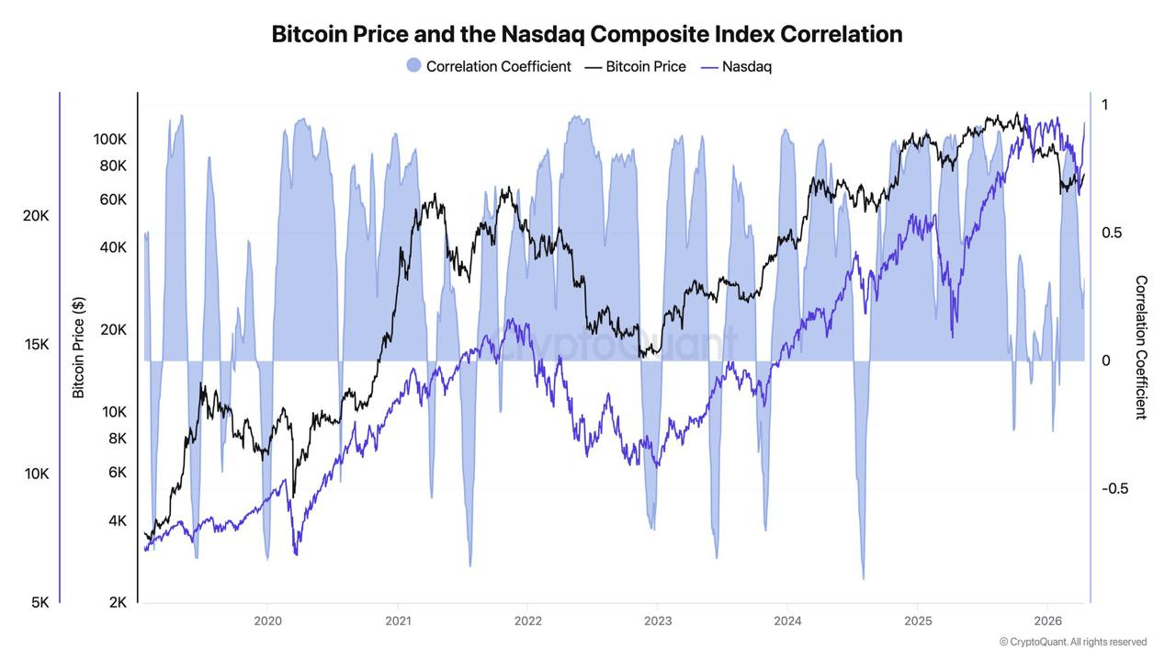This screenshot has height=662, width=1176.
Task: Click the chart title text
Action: tap(587, 34)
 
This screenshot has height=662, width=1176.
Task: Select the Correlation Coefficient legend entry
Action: tap(498, 66)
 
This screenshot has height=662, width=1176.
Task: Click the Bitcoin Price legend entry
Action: tap(645, 66)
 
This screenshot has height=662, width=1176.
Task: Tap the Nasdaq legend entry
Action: tap(746, 66)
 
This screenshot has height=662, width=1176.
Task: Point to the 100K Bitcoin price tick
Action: tap(110, 139)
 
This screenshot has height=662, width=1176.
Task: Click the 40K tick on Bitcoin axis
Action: tap(114, 246)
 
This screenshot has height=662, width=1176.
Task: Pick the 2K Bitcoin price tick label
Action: tap(118, 602)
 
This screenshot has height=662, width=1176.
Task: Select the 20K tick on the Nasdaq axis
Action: tap(36, 215)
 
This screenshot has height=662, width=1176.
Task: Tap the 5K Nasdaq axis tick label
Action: tap(40, 602)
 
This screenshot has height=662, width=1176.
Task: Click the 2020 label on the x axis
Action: tap(267, 621)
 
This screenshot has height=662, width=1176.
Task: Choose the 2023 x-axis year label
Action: tap(658, 621)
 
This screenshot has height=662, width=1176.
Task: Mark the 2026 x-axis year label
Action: tap(1048, 621)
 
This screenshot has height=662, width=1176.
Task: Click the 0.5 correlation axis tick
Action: tap(1112, 233)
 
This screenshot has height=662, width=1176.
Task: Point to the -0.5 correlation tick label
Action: tap(1114, 488)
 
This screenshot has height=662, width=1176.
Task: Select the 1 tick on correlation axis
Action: tap(1105, 105)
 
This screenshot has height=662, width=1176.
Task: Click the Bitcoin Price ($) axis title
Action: tap(79, 348)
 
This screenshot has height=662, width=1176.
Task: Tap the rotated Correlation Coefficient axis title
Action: tap(1141, 348)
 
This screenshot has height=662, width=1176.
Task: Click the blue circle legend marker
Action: tap(413, 66)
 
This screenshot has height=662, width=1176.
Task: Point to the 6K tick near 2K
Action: tap(118, 472)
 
